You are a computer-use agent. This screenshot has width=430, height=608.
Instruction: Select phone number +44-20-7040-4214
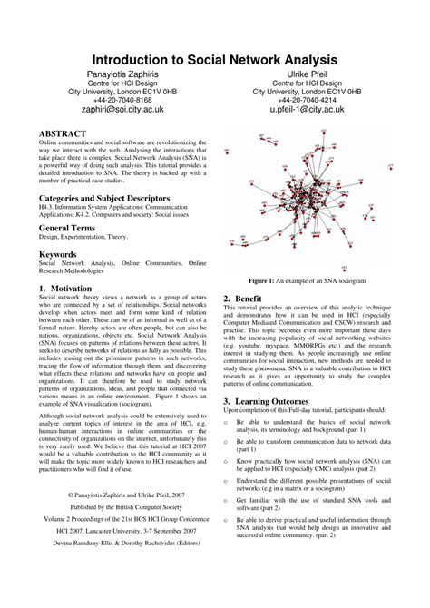coord(307,100)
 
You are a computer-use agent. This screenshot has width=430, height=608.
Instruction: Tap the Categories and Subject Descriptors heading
coord(104,197)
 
